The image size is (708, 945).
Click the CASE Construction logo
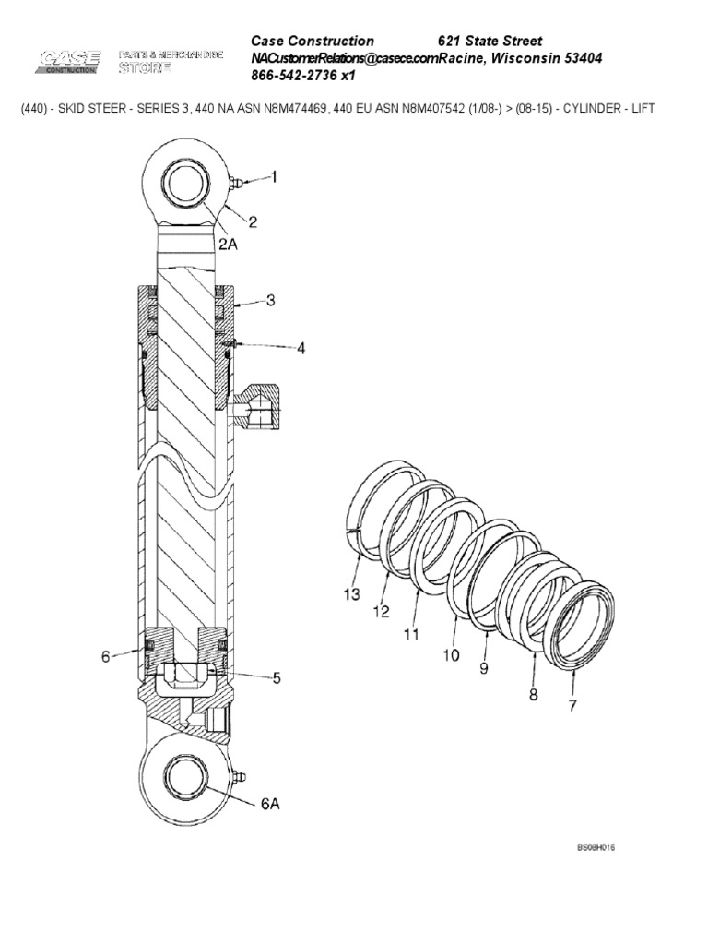pos(69,62)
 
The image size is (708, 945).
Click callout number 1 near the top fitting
pos(273,175)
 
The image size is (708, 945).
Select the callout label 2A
pos(229,244)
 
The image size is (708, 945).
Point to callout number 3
pos(270,300)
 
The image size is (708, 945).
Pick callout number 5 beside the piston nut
pos(275,678)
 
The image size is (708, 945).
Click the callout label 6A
pos(269,804)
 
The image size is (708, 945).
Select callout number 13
pos(351,595)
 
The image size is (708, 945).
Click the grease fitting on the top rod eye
pos(235,184)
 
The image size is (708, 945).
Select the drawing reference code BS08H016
pos(596,847)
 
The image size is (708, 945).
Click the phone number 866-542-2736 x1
pos(303,76)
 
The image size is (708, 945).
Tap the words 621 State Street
pos(490,41)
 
